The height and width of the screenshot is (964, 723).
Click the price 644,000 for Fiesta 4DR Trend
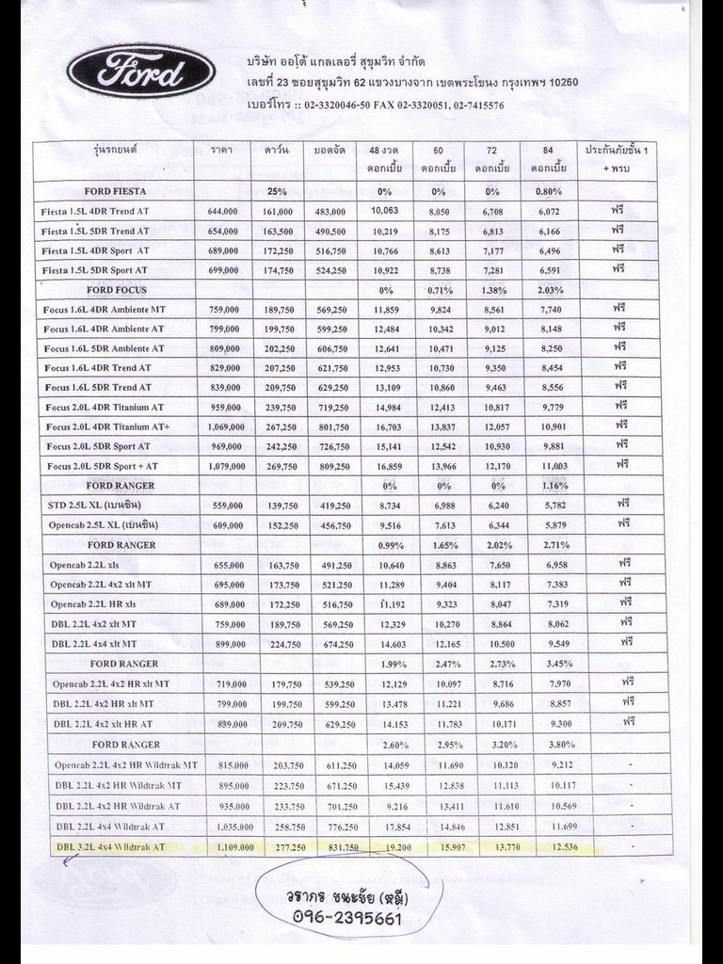(x=223, y=212)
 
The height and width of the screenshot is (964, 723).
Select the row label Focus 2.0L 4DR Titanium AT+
(x=107, y=426)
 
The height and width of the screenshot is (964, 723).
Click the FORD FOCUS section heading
(x=117, y=290)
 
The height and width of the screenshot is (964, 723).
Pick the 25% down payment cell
(x=277, y=191)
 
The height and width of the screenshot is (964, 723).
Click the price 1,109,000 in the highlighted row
(x=229, y=847)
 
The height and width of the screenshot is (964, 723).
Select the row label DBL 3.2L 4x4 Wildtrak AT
(x=111, y=847)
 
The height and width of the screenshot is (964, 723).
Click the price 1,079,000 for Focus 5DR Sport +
(x=223, y=466)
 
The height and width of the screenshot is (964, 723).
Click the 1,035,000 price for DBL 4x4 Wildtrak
(x=229, y=826)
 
